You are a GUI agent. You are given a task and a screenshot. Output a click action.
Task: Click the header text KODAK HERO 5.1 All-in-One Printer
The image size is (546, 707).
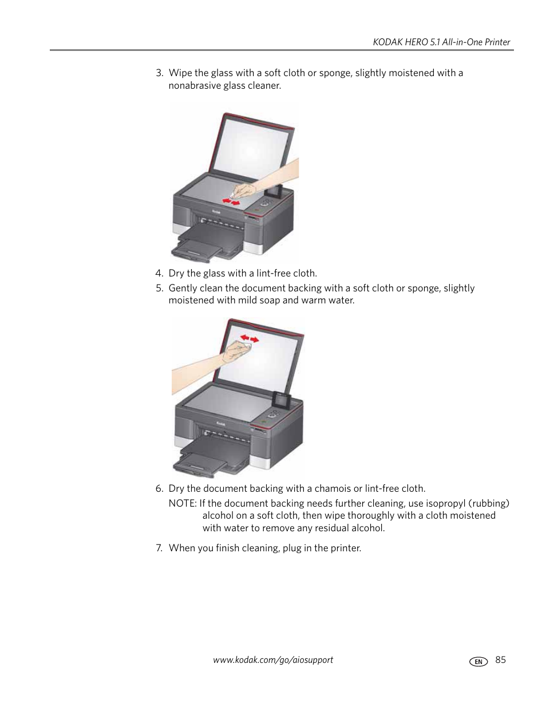point(441,42)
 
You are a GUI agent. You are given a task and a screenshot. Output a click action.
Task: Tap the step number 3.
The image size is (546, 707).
point(159,73)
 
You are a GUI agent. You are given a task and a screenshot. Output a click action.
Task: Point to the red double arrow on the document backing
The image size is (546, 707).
point(250,339)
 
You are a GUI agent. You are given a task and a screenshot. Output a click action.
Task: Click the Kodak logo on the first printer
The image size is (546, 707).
point(217,211)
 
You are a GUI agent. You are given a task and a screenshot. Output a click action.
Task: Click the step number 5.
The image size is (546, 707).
point(159,288)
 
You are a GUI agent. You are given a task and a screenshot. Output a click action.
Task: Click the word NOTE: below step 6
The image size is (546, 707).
point(182,503)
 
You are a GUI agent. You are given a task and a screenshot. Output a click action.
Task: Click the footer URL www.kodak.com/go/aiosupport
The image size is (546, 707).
point(273,659)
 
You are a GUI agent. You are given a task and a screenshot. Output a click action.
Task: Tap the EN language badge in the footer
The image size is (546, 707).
point(478,661)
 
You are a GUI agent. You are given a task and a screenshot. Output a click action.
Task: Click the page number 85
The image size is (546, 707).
point(501,659)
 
